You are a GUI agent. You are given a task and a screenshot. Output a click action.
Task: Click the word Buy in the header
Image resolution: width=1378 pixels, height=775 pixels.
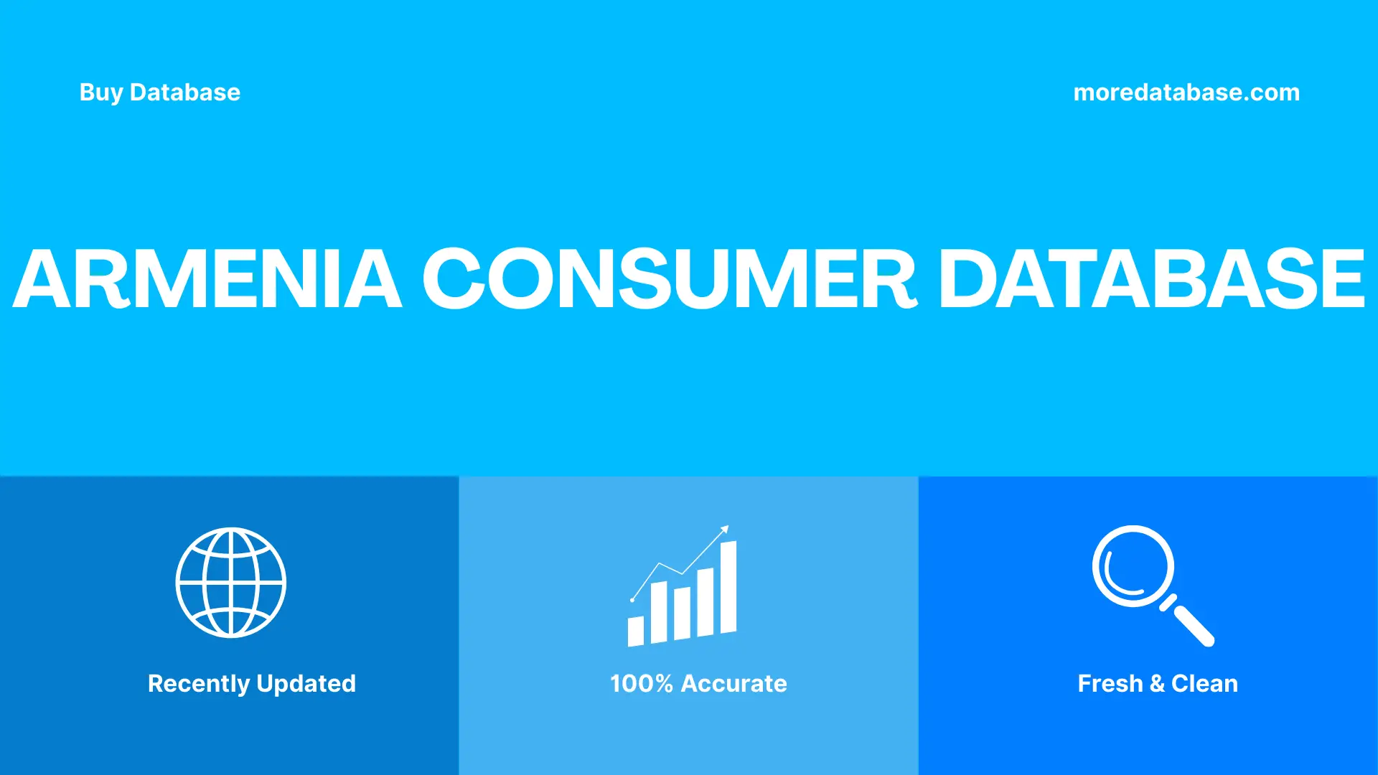click(100, 93)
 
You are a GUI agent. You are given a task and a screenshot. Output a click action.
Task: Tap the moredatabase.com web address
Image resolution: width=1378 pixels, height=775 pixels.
click(1186, 93)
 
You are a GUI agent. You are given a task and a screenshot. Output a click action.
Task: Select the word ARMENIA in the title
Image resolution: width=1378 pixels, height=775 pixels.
click(207, 278)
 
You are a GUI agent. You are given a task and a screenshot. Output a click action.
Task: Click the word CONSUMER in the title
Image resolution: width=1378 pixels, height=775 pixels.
click(669, 278)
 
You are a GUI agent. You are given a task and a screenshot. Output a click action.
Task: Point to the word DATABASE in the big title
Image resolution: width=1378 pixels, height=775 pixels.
click(1151, 278)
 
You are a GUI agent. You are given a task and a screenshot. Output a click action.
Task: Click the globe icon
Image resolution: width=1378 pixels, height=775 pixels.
click(231, 583)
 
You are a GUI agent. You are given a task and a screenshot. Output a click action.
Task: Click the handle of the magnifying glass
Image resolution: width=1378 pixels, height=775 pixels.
click(1193, 624)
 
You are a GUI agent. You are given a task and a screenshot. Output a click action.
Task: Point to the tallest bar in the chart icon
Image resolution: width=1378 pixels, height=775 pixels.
click(728, 587)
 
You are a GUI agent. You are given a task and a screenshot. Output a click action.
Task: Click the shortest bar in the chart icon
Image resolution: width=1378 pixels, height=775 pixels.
click(635, 631)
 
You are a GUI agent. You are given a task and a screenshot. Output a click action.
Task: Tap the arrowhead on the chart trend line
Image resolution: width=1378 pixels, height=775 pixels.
click(725, 530)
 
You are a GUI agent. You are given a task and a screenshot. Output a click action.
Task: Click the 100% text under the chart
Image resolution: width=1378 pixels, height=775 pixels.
click(641, 683)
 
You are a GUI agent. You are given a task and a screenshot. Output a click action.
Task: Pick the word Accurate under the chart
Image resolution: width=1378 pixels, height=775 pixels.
click(733, 683)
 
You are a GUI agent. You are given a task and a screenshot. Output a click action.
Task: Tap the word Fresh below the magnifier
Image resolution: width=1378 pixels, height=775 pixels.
click(1110, 683)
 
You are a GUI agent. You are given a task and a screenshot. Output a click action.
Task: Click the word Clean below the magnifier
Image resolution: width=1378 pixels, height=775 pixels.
click(1204, 683)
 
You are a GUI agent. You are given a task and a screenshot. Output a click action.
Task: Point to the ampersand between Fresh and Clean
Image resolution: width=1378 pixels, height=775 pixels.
click(1157, 683)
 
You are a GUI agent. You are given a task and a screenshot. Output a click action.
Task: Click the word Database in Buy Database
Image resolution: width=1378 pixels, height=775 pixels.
click(185, 93)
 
